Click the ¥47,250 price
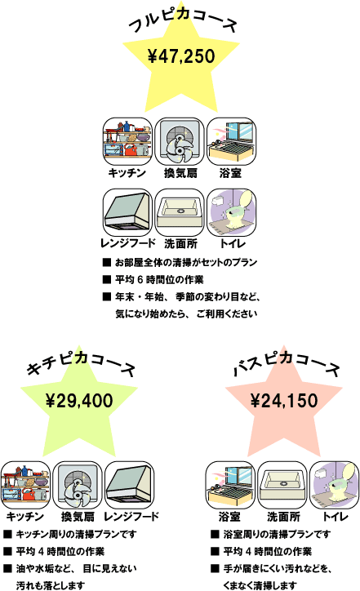point(181,56)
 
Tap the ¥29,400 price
point(79,400)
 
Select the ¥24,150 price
point(284,400)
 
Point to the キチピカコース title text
point(80,364)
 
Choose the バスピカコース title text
point(286,364)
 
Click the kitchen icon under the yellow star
point(127,141)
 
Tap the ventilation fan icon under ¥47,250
point(180,141)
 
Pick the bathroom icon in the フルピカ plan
point(232,141)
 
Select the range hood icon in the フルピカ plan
point(127,212)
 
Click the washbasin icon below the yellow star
point(180,212)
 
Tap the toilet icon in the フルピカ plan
point(232,212)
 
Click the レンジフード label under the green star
point(131,517)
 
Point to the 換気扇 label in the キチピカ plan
point(78,517)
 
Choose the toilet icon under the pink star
point(334,485)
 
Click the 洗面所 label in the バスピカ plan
point(283,517)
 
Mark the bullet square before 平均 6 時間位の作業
point(107,279)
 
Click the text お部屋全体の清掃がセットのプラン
point(186,262)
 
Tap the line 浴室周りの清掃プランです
point(277,534)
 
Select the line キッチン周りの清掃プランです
point(76,534)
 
